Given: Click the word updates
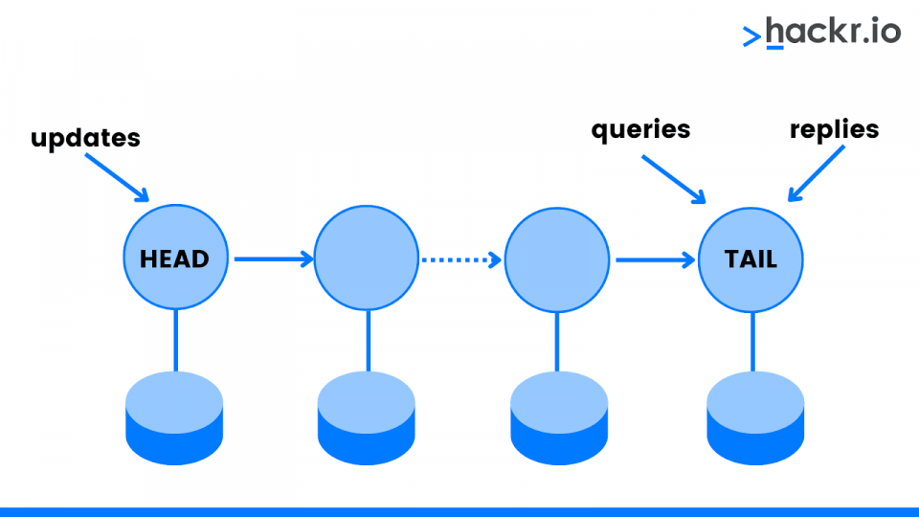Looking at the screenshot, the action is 85,138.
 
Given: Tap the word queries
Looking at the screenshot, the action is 640,130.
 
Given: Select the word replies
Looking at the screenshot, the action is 834,130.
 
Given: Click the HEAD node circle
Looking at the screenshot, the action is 175,257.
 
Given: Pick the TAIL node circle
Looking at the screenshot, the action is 751,259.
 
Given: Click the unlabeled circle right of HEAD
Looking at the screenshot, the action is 367,258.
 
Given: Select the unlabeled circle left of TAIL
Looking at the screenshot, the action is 557,259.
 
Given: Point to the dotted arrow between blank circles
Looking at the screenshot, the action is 461,259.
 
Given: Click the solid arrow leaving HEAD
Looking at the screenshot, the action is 274,258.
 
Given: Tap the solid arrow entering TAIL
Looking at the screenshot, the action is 655,259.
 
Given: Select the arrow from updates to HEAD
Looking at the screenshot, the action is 117,178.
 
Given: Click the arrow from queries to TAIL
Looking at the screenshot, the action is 673,179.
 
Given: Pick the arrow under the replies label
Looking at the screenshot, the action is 817,173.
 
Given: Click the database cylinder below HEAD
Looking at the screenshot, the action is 174,418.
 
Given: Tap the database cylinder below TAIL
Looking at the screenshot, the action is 755,418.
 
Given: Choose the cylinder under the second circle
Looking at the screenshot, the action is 367,418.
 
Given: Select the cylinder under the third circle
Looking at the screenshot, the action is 559,418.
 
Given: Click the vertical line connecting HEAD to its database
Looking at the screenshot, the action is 176,341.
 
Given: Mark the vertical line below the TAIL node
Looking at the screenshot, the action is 753,342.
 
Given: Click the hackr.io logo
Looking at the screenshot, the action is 821,33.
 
